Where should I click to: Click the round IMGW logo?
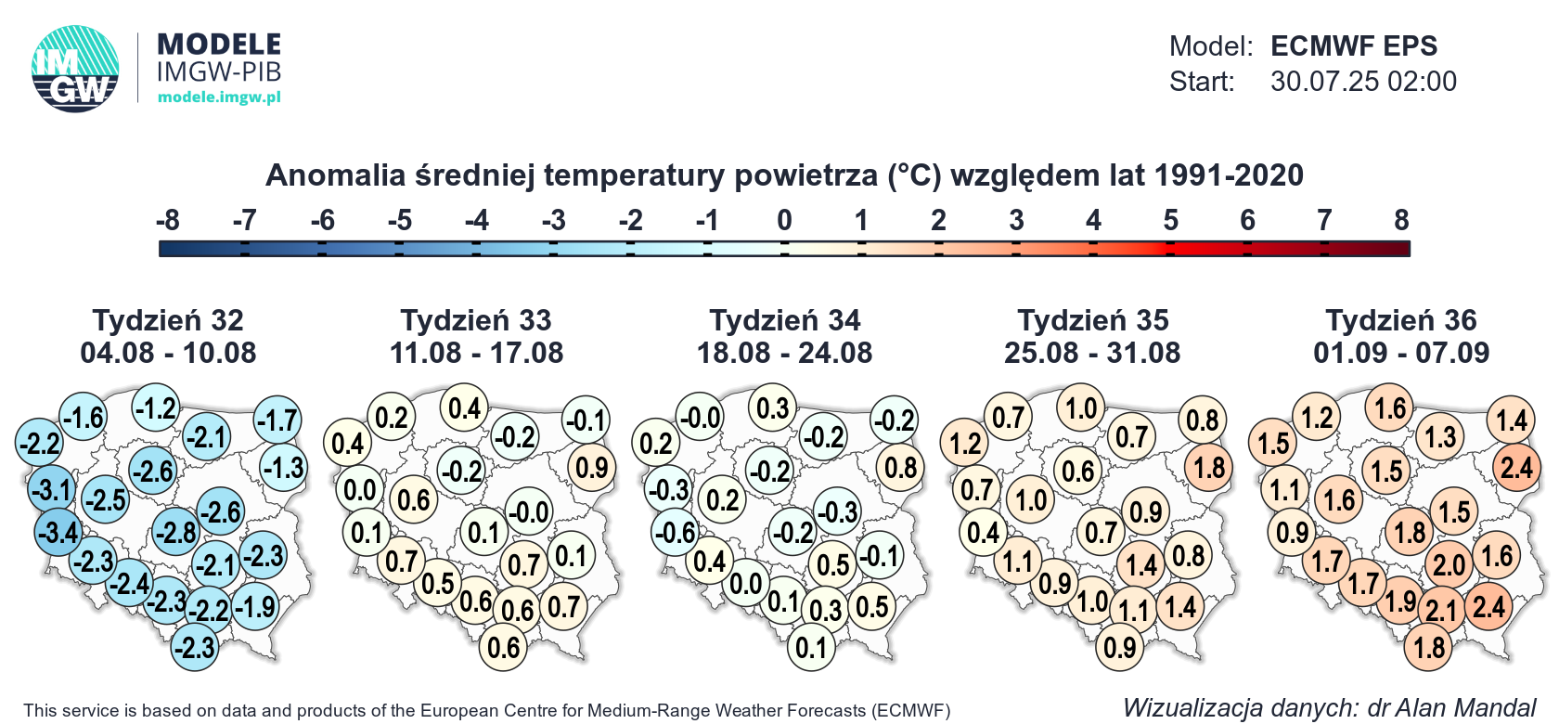[75, 69]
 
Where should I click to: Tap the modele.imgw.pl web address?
[219, 97]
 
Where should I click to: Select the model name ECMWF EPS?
[1354, 46]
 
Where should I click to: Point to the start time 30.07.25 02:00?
[1363, 82]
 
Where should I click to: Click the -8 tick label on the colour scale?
[168, 220]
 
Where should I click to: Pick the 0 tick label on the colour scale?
[784, 220]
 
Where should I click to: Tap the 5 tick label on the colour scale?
[1171, 220]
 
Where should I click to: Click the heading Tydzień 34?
[784, 320]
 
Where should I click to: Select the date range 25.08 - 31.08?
[1092, 353]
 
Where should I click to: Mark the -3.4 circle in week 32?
[58, 533]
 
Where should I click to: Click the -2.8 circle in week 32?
[176, 533]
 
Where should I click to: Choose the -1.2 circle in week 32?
[156, 407]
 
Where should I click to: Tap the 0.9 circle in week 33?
[592, 467]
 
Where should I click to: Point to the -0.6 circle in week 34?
[676, 533]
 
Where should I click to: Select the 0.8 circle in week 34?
[900, 467]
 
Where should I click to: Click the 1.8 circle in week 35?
[1209, 467]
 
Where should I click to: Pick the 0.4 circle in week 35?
[984, 533]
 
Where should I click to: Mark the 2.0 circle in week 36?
[1449, 564]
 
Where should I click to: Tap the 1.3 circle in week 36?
[1440, 436]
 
